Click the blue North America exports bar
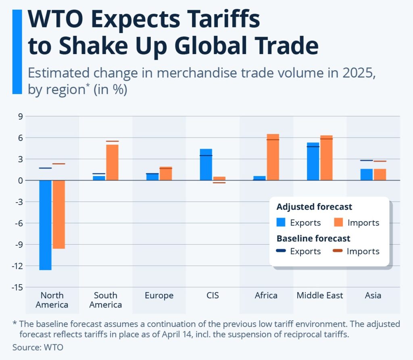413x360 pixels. click(45, 224)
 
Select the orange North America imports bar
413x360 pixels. click(58, 214)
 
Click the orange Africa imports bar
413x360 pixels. click(273, 157)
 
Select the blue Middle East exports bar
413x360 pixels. click(313, 161)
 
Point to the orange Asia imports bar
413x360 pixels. click(380, 174)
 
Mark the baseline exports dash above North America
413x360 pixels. click(45, 168)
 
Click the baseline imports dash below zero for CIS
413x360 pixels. click(219, 183)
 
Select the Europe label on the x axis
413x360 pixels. click(159, 295)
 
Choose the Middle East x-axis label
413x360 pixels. click(319, 295)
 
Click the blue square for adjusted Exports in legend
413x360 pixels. click(281, 222)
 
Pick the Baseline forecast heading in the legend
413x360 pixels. click(313, 238)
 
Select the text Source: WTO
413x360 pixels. click(38, 347)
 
